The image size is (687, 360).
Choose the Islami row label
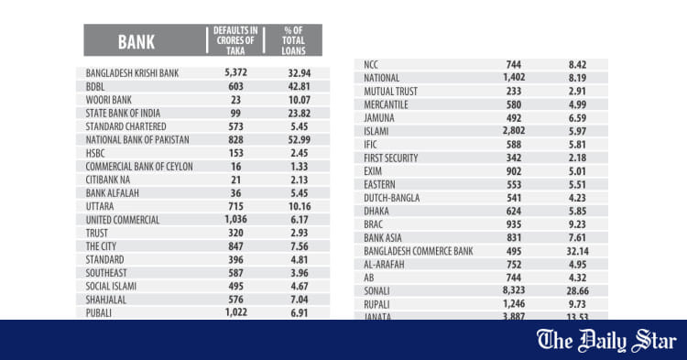click(376, 131)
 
